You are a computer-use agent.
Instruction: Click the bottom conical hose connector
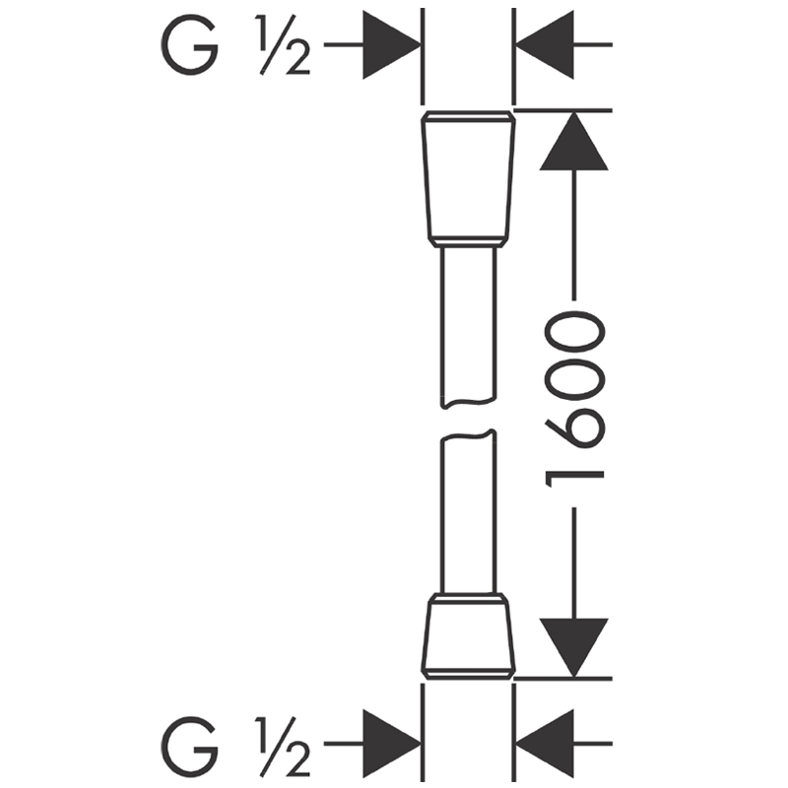pos(468,638)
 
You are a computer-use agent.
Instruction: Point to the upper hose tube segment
pos(468,325)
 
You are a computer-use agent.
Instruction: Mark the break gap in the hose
pos(468,419)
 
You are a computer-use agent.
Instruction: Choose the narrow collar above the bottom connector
pos(468,597)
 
